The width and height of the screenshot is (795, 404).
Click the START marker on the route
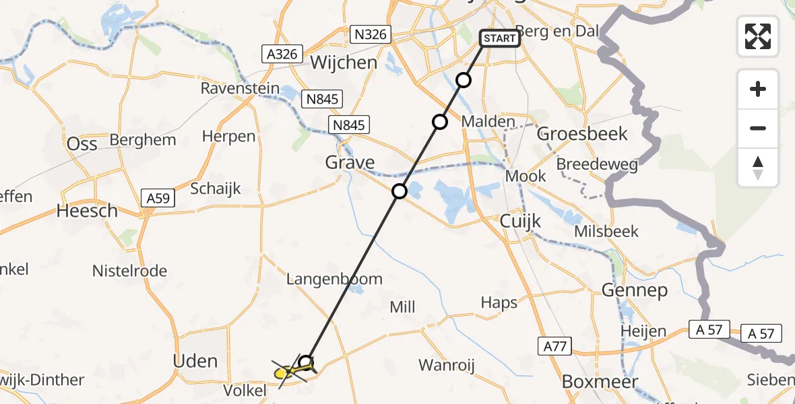(x=500, y=38)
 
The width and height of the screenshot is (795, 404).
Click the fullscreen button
(x=758, y=36)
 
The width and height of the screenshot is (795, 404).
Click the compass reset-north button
(x=758, y=168)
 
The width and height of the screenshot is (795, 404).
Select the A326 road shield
(x=282, y=55)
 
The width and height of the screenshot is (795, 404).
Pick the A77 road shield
(x=554, y=347)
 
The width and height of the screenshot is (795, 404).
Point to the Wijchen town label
(x=344, y=63)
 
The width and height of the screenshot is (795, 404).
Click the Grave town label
(x=350, y=162)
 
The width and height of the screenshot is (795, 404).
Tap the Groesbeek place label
(x=582, y=133)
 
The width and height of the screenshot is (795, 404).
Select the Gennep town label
(x=635, y=290)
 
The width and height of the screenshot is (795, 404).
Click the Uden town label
(x=195, y=361)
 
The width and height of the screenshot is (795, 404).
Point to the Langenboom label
(x=334, y=279)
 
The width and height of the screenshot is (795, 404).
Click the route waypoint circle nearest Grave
(x=400, y=191)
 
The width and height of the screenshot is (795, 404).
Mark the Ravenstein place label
(x=240, y=88)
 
